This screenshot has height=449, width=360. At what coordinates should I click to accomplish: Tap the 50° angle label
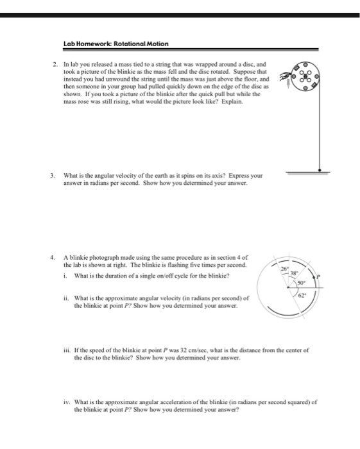(x=300, y=282)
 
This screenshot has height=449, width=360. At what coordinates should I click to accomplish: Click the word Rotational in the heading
(x=125, y=44)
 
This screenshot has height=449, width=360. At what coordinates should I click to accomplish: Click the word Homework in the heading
(x=93, y=44)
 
